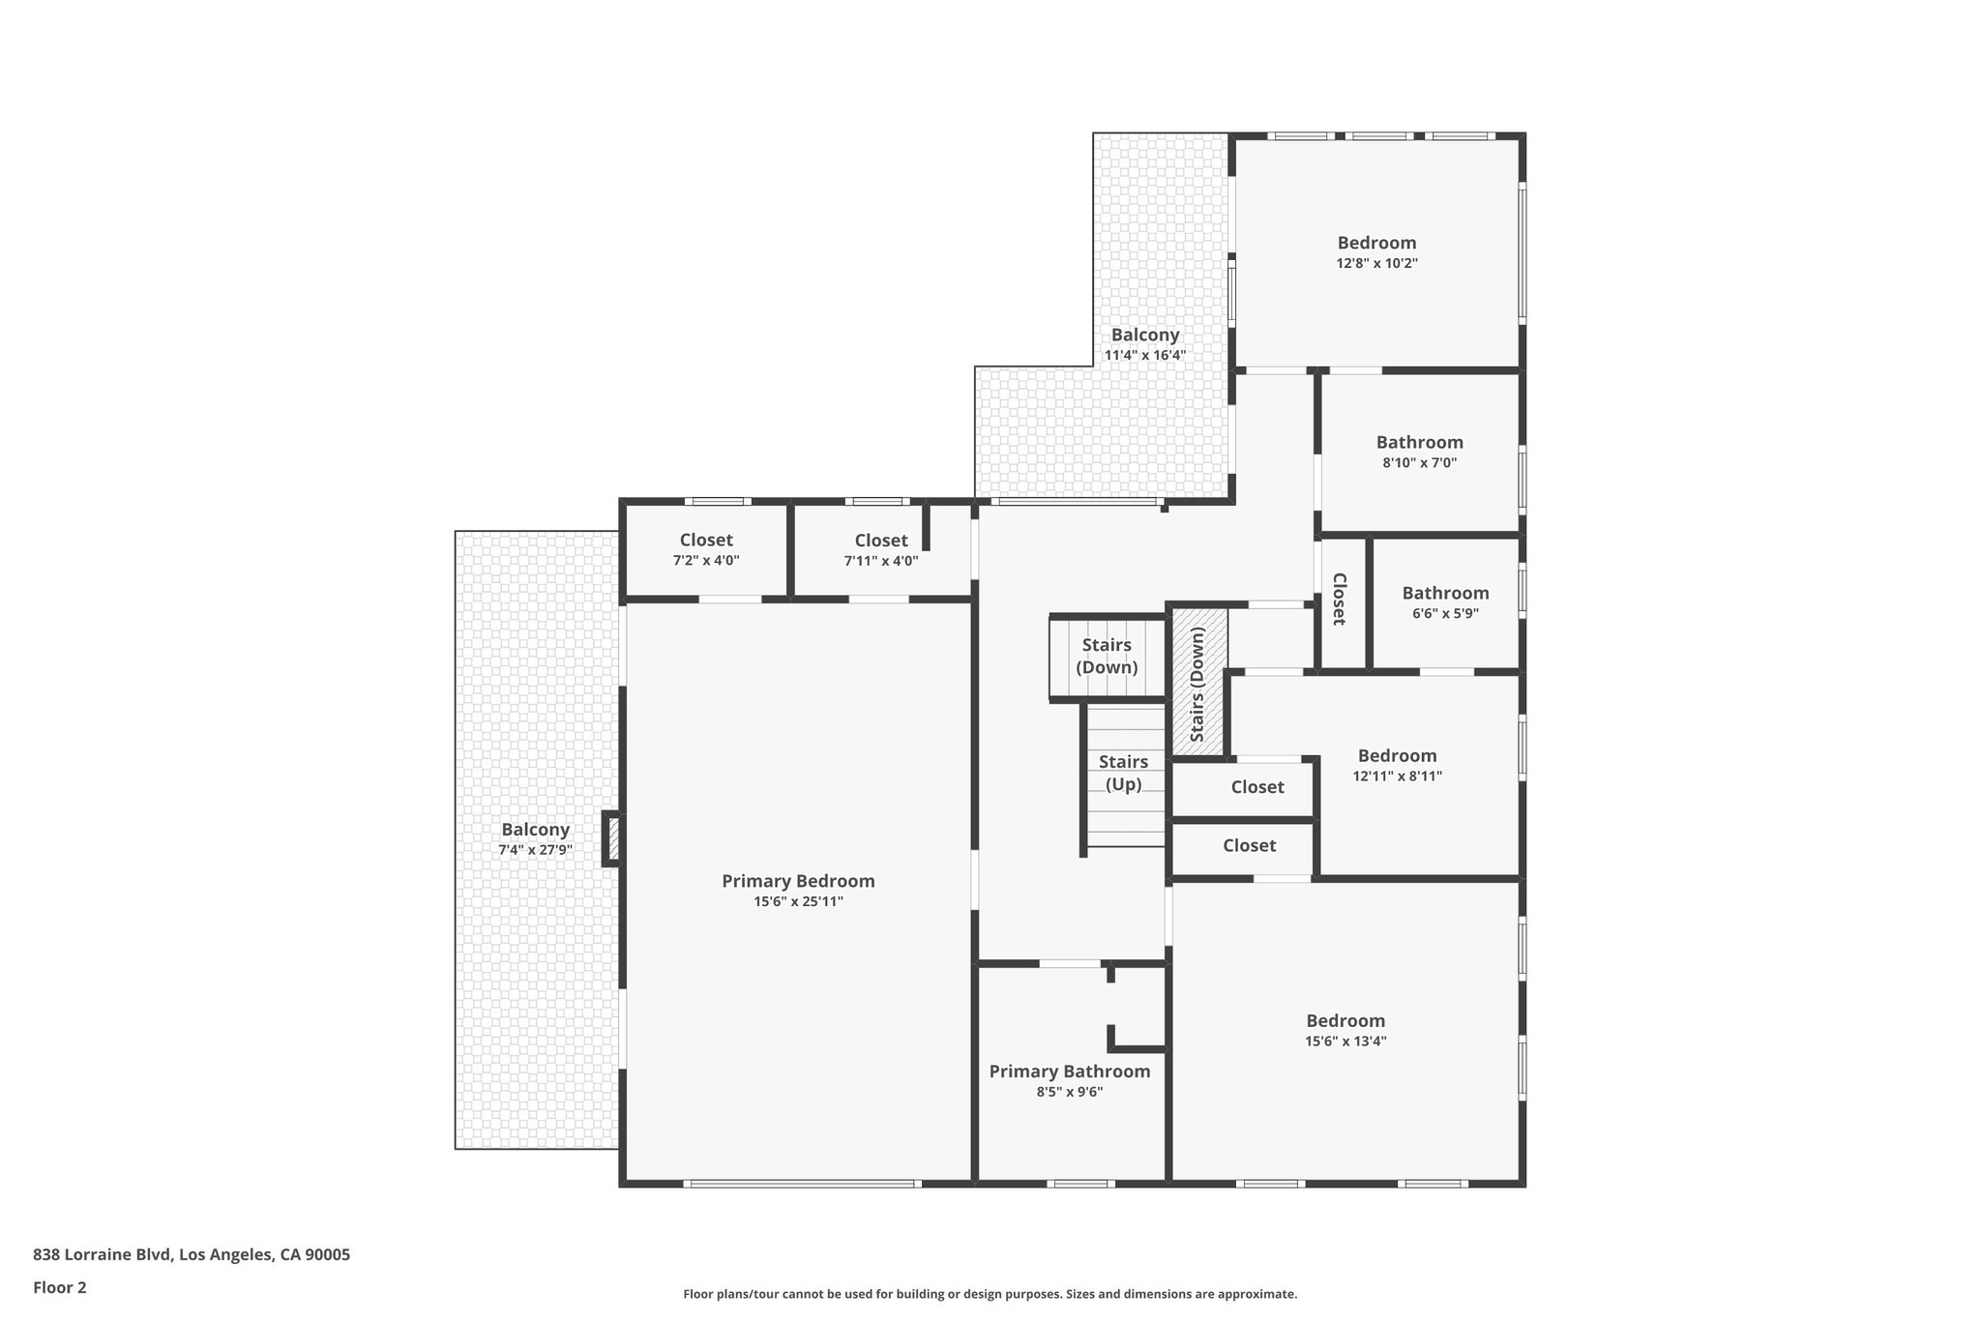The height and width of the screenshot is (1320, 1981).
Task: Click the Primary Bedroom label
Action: pos(798,881)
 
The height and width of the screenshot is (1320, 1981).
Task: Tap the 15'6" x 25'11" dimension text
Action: pos(798,902)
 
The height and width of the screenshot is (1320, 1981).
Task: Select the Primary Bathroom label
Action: pos(1069,1071)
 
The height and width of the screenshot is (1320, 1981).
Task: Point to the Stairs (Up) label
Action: pos(1123,773)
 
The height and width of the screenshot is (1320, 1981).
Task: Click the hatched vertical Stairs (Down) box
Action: pos(1198,683)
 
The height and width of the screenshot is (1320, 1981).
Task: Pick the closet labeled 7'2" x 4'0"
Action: pos(706,549)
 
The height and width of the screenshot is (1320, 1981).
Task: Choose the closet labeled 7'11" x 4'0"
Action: pos(881,550)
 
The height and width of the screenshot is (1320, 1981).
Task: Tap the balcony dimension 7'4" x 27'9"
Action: pos(535,850)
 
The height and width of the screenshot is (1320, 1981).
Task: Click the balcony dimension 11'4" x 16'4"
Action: pos(1145,355)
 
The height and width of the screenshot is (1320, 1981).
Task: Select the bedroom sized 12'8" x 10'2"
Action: pos(1376,251)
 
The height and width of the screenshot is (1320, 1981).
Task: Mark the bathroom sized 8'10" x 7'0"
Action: pos(1419,452)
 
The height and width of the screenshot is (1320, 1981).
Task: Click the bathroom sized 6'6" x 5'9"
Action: pos(1445,601)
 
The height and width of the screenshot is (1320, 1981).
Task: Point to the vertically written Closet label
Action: pos(1340,600)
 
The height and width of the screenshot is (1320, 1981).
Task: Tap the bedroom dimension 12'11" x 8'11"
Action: pos(1397,776)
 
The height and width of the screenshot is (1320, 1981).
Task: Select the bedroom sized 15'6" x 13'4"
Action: pos(1345,1030)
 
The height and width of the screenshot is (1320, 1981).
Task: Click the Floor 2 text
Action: pos(60,1287)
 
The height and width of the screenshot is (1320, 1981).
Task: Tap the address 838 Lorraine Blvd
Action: pos(192,1255)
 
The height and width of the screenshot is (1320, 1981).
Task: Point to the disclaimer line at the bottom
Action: pos(990,1294)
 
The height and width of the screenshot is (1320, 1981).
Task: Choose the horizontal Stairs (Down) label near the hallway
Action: pos(1107,656)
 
